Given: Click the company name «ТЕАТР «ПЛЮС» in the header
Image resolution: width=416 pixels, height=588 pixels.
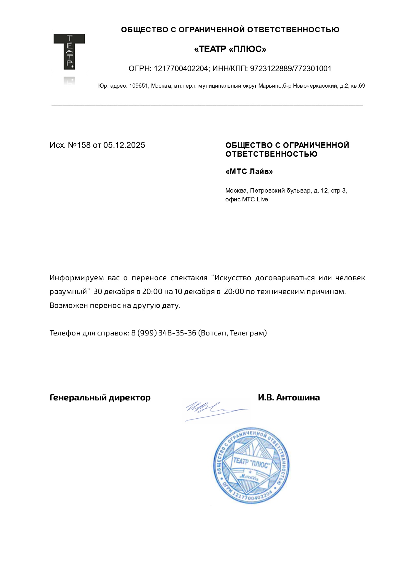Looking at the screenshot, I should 230,49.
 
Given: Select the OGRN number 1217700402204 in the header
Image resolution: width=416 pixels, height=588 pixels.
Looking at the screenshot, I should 181,69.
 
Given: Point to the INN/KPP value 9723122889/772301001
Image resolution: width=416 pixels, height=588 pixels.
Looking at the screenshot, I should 290,69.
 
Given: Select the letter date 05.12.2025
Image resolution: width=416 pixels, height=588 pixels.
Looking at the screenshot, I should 124,145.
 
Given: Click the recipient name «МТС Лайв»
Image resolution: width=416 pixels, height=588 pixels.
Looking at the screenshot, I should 249,172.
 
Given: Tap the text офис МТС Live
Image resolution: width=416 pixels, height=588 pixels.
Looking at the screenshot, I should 247,199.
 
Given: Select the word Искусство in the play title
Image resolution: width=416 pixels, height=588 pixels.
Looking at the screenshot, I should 233,278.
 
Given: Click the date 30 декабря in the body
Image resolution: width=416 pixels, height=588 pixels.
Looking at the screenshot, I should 114,292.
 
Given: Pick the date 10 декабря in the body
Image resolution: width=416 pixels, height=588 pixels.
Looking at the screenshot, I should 194,292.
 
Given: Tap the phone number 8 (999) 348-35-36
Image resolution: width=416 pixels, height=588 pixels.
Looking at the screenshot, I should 164,333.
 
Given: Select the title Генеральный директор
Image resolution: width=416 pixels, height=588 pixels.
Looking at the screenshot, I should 100,397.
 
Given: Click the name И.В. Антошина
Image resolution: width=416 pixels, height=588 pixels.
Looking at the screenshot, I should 289,397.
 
